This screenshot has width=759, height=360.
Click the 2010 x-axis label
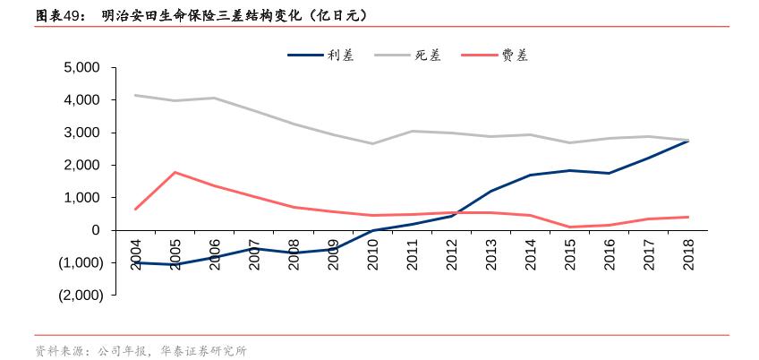coord(373,254)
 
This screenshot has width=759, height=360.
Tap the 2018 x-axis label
coord(688,254)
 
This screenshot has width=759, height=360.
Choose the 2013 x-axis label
coord(491,254)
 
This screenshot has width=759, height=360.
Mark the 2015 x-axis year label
coord(570,254)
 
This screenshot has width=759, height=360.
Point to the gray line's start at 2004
coord(135,95)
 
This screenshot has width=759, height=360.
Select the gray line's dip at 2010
coord(373,143)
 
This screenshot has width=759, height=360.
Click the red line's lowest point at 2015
coord(570,227)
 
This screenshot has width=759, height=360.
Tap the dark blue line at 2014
coord(531,175)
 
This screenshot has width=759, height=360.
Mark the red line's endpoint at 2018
coord(688,217)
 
